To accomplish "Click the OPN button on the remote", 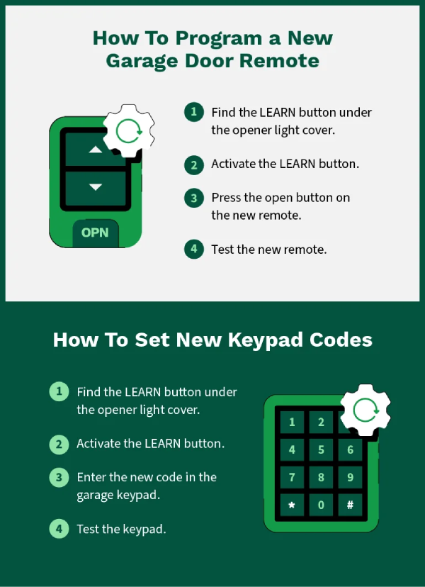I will (x=96, y=232).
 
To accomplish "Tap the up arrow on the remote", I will (x=96, y=150).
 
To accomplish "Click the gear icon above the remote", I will (x=128, y=130).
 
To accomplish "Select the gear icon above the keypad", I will (x=366, y=410).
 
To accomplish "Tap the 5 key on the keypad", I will (x=321, y=449).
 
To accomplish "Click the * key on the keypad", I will (x=292, y=505).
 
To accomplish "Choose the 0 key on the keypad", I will (x=321, y=505).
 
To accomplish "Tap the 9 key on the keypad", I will (x=350, y=477).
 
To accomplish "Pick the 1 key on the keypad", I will (x=292, y=423).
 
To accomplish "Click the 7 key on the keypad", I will (x=292, y=477).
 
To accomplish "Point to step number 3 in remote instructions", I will (x=193, y=198).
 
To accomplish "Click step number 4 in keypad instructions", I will (x=59, y=529).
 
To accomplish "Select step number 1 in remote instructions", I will (x=193, y=113).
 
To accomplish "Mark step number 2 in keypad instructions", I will (x=59, y=445).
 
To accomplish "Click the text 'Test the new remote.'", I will (x=268, y=250).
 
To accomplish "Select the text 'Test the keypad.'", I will (x=121, y=529).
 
